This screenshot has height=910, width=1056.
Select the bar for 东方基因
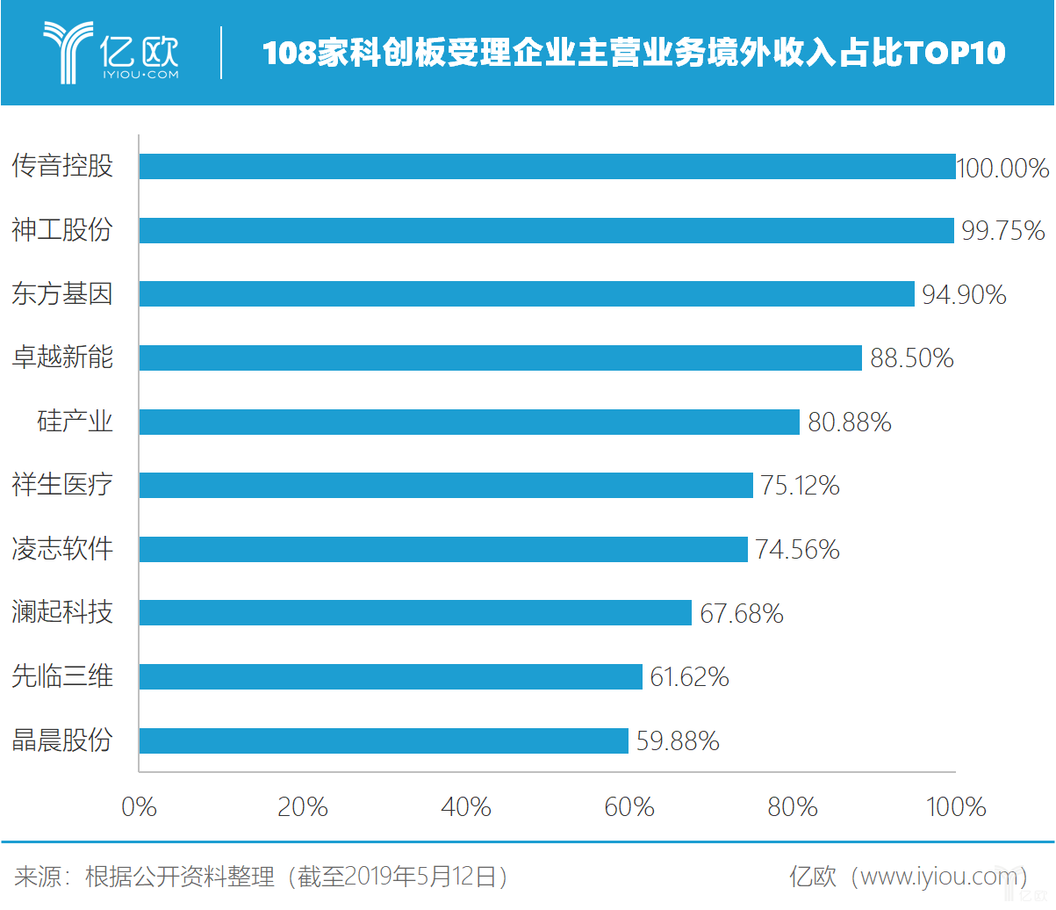(x=527, y=293)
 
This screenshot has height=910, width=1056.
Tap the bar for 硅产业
(x=470, y=422)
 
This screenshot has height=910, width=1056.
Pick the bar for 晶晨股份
(x=384, y=740)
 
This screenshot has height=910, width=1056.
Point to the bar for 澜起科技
(x=415, y=612)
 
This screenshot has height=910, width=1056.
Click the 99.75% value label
(x=1002, y=231)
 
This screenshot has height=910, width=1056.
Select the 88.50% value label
(x=911, y=358)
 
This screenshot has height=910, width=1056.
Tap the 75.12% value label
(x=800, y=486)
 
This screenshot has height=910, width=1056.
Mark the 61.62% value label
(x=689, y=677)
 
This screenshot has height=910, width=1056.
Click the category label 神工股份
(x=62, y=230)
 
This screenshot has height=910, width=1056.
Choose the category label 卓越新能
(x=62, y=357)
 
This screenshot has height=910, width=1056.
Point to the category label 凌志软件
(x=62, y=549)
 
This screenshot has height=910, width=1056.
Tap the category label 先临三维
(x=62, y=676)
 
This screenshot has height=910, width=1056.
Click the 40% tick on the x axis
(x=466, y=806)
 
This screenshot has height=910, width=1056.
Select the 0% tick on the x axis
(x=139, y=806)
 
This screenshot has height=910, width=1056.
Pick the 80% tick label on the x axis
(x=793, y=806)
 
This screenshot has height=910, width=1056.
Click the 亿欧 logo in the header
(x=111, y=53)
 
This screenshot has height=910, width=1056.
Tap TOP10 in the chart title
(x=954, y=54)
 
